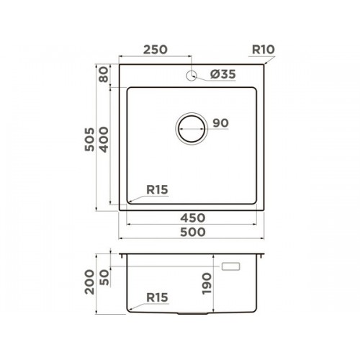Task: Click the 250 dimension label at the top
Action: pos(156,50)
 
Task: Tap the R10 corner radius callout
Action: pos(264,50)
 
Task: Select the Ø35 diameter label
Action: pos(223,74)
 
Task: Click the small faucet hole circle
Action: pos(192,76)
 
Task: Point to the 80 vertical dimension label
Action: pos(104,75)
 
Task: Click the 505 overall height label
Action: pos(89,140)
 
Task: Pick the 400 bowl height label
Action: pos(104,140)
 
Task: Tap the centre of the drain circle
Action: pos(192,129)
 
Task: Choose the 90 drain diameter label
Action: pos(221,123)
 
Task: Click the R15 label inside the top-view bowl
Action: pos(157,190)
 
